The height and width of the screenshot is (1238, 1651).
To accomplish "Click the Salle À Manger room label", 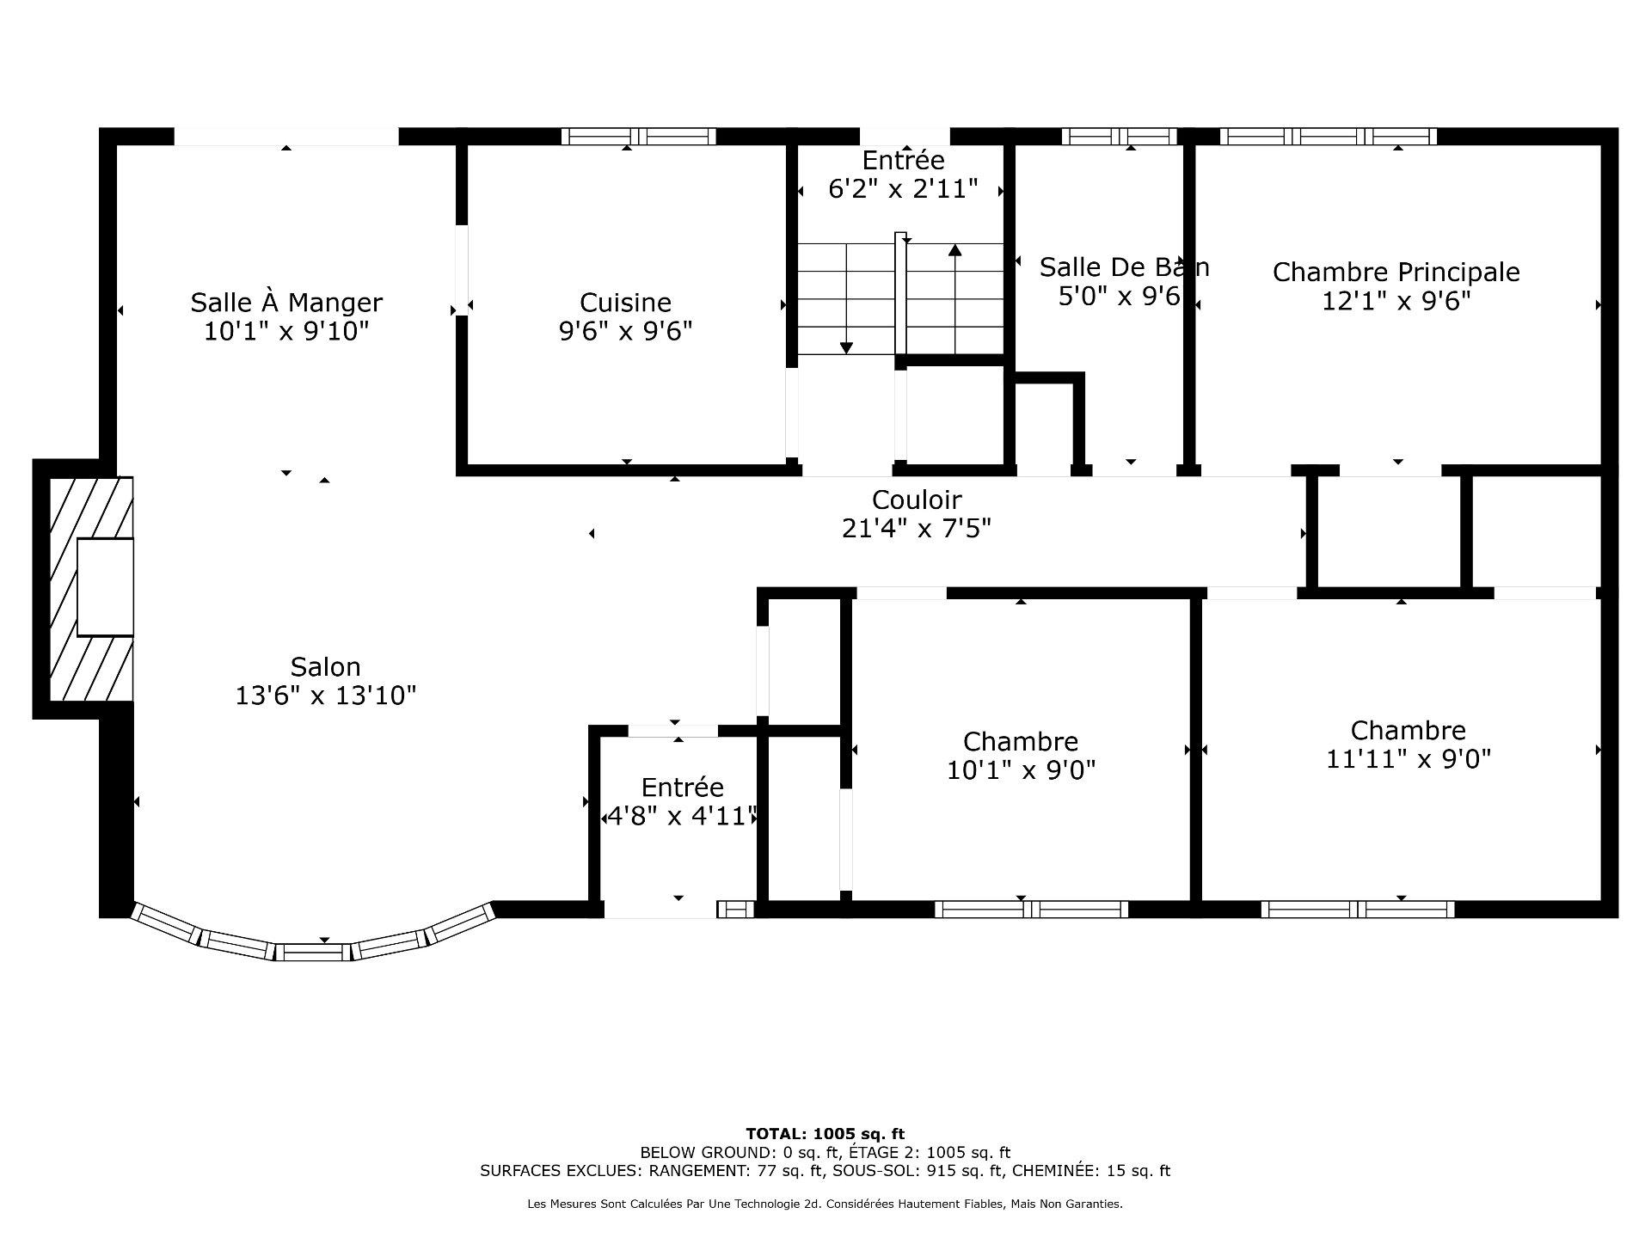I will click(285, 303).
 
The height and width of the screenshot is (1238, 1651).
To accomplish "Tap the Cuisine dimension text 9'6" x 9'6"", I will click(625, 331).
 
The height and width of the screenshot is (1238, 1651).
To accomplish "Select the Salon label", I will click(325, 667).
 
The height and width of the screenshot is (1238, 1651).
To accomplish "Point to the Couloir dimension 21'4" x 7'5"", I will click(916, 529).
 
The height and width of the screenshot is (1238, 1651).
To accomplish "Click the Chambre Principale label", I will click(1396, 273).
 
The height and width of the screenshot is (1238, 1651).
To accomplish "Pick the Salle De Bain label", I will click(1124, 267).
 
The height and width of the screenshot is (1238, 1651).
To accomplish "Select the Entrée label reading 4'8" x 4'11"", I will click(682, 788).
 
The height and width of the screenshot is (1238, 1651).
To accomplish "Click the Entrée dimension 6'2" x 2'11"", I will click(903, 189).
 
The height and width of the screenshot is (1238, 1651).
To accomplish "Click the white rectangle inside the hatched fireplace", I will click(105, 587).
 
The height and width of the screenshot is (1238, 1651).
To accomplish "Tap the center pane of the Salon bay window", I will click(313, 952).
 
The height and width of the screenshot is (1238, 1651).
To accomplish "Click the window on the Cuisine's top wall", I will click(638, 136).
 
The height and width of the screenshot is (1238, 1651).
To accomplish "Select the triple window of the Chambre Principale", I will click(1328, 136).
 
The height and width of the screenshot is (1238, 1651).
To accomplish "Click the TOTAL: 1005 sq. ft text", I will click(825, 1134).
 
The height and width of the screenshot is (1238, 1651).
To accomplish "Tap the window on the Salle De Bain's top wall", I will click(1119, 136).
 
